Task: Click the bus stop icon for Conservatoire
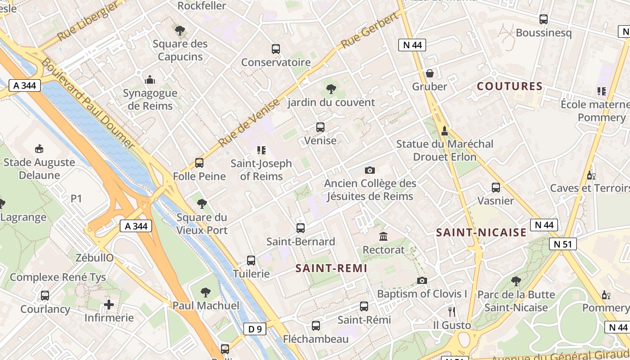coord(275,49)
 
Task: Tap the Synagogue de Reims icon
coord(150,80)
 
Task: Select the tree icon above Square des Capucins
coord(180,31)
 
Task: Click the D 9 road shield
coord(255,329)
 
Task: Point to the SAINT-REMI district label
coord(331,269)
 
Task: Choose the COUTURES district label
coord(509,86)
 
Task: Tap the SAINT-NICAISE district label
coord(481,233)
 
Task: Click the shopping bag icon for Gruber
coord(430,73)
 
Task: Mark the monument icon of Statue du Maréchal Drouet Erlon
coord(445,130)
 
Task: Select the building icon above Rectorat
coord(383,236)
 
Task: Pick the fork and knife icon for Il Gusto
coord(452,311)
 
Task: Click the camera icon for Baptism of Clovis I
coord(422,280)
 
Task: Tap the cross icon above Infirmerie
coord(109,305)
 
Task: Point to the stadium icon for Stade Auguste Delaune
coord(39,148)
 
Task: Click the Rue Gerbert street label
coord(370,31)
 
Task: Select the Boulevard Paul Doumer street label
coord(88,103)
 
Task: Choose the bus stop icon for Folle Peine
coord(199,163)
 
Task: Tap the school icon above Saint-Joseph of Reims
coord(261,150)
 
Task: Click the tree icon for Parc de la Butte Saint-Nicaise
coord(516,281)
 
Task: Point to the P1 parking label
coord(76,198)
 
